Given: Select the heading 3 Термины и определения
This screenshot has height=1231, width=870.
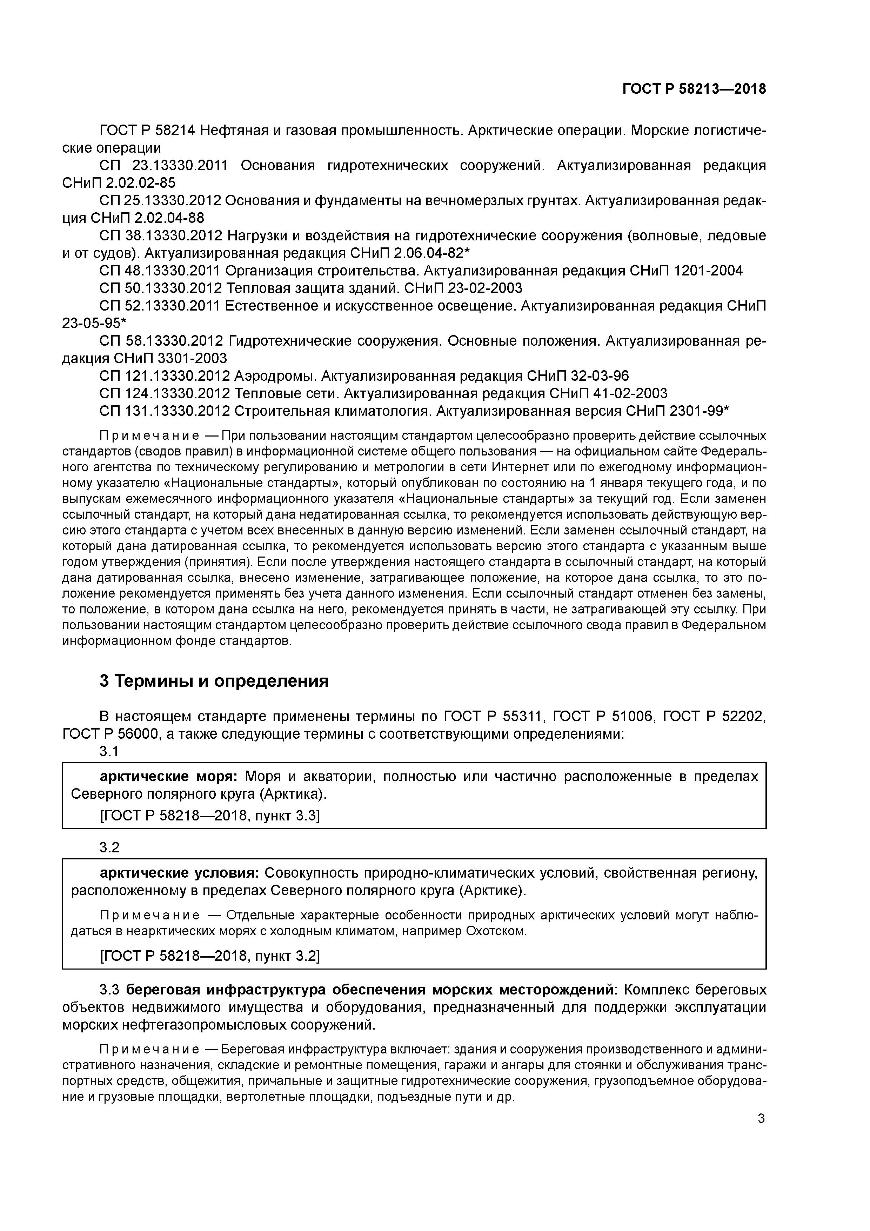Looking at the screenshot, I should [214, 681].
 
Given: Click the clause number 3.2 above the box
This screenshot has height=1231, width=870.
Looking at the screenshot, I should [109, 848].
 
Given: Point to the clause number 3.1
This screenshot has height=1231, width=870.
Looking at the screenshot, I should [109, 751].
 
